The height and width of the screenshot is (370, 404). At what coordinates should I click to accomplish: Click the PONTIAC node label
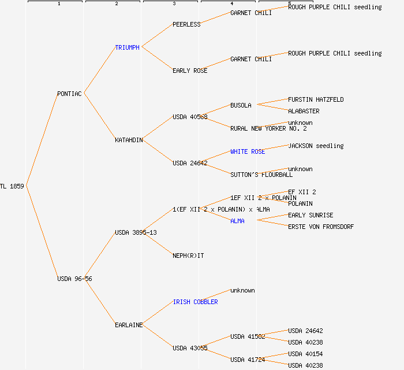69,94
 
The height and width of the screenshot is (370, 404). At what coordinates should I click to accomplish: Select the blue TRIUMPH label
127,47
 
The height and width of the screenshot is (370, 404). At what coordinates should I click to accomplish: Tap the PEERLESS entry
186,24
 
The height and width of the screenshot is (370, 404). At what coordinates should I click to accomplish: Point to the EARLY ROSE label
190,71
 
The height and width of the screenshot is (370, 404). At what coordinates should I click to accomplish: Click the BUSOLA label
241,105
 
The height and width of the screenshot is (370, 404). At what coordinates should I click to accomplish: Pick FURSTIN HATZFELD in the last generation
316,99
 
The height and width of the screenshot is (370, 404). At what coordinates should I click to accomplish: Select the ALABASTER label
304,111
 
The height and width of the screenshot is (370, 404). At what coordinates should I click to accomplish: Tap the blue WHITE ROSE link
248,151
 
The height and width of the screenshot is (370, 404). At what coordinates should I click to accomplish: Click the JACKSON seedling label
316,146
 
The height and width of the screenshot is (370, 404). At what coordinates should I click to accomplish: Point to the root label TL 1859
12,186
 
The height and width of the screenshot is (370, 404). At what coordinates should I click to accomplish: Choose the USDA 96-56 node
74,279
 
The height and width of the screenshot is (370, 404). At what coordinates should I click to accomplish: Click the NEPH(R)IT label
188,256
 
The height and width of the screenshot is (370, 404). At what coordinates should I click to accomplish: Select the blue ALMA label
237,221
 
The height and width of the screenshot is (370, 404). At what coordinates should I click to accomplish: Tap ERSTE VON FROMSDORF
321,227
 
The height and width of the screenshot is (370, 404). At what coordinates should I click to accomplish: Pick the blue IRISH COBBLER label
195,302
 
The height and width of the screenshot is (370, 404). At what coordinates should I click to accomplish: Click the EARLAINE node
129,325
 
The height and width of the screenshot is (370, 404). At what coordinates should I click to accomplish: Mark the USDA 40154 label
305,354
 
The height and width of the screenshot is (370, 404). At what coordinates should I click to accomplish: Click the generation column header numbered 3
174,4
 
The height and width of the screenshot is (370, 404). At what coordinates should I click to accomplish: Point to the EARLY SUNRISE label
311,215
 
